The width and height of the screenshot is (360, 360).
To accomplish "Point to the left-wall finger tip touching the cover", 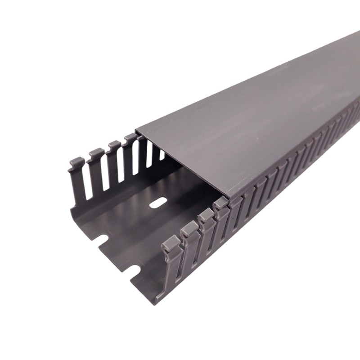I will coord(130,137).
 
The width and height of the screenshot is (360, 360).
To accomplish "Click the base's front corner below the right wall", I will coord(156,301).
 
